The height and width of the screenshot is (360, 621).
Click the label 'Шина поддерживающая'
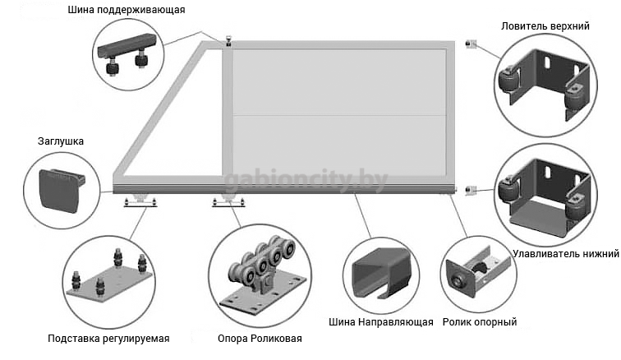click(137, 11)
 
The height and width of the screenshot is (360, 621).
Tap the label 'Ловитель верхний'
click(545, 26)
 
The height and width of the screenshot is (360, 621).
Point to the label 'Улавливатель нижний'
click(564, 254)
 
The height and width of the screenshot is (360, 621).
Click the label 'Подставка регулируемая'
click(108, 339)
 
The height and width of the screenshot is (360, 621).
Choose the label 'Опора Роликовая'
click(260, 339)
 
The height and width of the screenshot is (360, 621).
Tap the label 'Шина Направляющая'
click(379, 321)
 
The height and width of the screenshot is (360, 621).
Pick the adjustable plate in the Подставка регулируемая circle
click(108, 279)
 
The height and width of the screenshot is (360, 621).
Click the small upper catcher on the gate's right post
click(471, 44)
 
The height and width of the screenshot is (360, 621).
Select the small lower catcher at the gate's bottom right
click(471, 190)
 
